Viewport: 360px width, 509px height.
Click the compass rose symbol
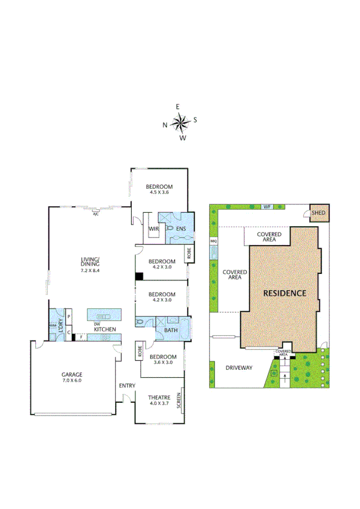pos(180,123)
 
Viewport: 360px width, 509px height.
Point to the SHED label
pos(318,212)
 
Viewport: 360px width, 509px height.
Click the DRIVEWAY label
pos(238,368)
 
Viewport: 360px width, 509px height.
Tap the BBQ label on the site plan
pos(213,241)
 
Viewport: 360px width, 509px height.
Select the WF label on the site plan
pos(268,207)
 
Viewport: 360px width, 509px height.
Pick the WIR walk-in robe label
pos(153,228)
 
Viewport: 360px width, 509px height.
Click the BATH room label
pos(171,330)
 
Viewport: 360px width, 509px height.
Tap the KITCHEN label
pos(104,330)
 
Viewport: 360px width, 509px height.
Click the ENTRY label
pos(126,385)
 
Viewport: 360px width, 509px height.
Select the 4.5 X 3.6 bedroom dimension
pos(158,192)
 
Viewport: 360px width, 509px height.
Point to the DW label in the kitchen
pos(96,324)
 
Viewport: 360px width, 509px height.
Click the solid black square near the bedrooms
pos(139,276)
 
